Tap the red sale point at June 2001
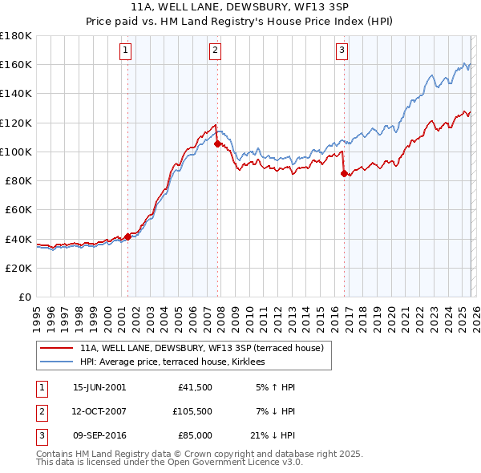tap(127, 236)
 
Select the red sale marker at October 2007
tap(217, 144)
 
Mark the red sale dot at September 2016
tap(344, 173)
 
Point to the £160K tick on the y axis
tap(15, 64)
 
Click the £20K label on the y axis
tap(18, 268)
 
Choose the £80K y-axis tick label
tap(18, 180)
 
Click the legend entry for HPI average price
tap(177, 362)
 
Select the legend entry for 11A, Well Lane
tap(200, 348)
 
